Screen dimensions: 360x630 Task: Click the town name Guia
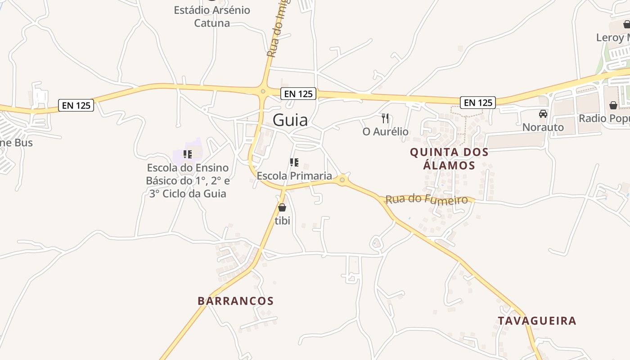click(290, 120)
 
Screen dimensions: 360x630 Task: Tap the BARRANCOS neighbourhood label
click(235, 301)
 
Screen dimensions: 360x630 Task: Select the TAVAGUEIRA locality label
click(537, 321)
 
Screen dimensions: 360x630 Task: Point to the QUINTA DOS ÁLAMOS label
click(449, 159)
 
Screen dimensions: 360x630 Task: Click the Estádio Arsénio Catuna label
click(212, 16)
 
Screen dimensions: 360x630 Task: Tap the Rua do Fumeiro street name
click(427, 199)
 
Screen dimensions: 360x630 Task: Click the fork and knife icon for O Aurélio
click(385, 118)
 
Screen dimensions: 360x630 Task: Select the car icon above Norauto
click(543, 114)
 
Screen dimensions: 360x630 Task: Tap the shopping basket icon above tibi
click(282, 207)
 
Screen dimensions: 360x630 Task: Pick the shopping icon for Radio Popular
click(613, 105)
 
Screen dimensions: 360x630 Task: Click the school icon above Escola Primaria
click(294, 162)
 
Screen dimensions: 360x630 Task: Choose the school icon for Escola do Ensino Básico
click(188, 155)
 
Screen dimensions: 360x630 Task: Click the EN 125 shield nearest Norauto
click(477, 103)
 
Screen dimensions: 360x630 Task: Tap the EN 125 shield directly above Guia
click(298, 94)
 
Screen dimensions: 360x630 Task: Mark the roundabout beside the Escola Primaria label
click(342, 180)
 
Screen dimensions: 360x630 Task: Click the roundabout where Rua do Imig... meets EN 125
click(263, 92)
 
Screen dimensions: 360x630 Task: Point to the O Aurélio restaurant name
click(386, 131)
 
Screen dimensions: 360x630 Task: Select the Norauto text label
click(543, 127)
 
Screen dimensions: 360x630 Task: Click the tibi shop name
click(282, 220)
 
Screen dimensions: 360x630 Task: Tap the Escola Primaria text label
click(294, 176)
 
